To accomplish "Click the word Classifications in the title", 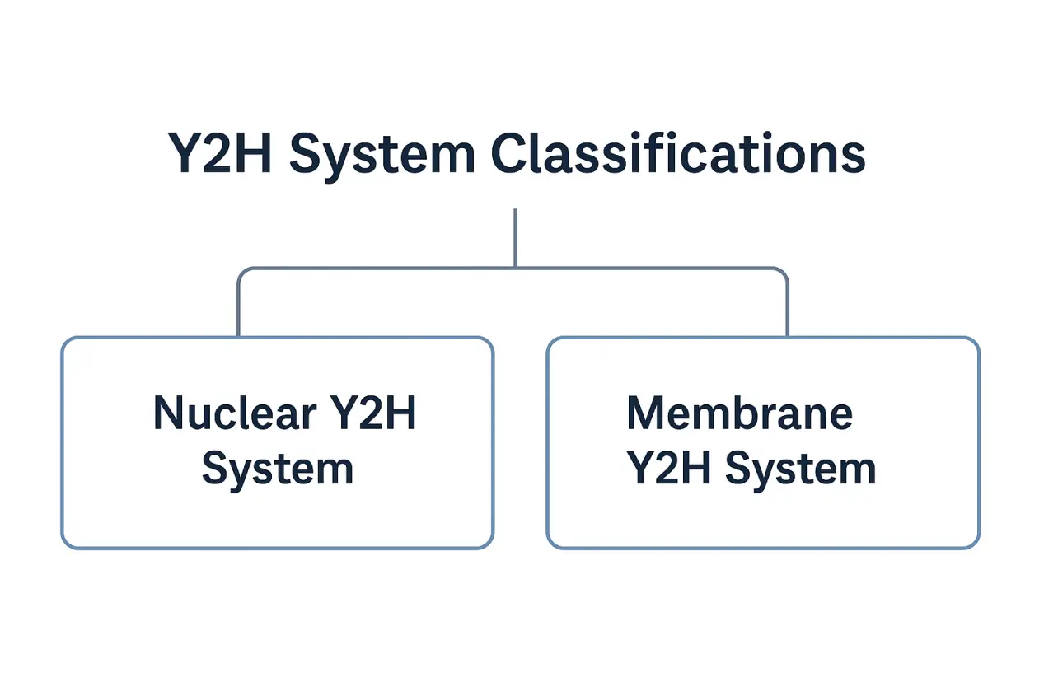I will coord(677,154).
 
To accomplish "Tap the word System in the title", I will coord(382,154).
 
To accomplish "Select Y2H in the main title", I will coord(220,154).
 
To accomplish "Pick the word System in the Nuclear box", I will coord(278,469).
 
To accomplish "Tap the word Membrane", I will coord(739,413).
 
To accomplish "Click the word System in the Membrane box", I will coord(800,469).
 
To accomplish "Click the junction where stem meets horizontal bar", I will coord(515,268).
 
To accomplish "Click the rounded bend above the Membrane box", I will coord(783,273).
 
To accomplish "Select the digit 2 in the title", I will coord(220,154).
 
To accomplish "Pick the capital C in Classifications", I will coord(509,154).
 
